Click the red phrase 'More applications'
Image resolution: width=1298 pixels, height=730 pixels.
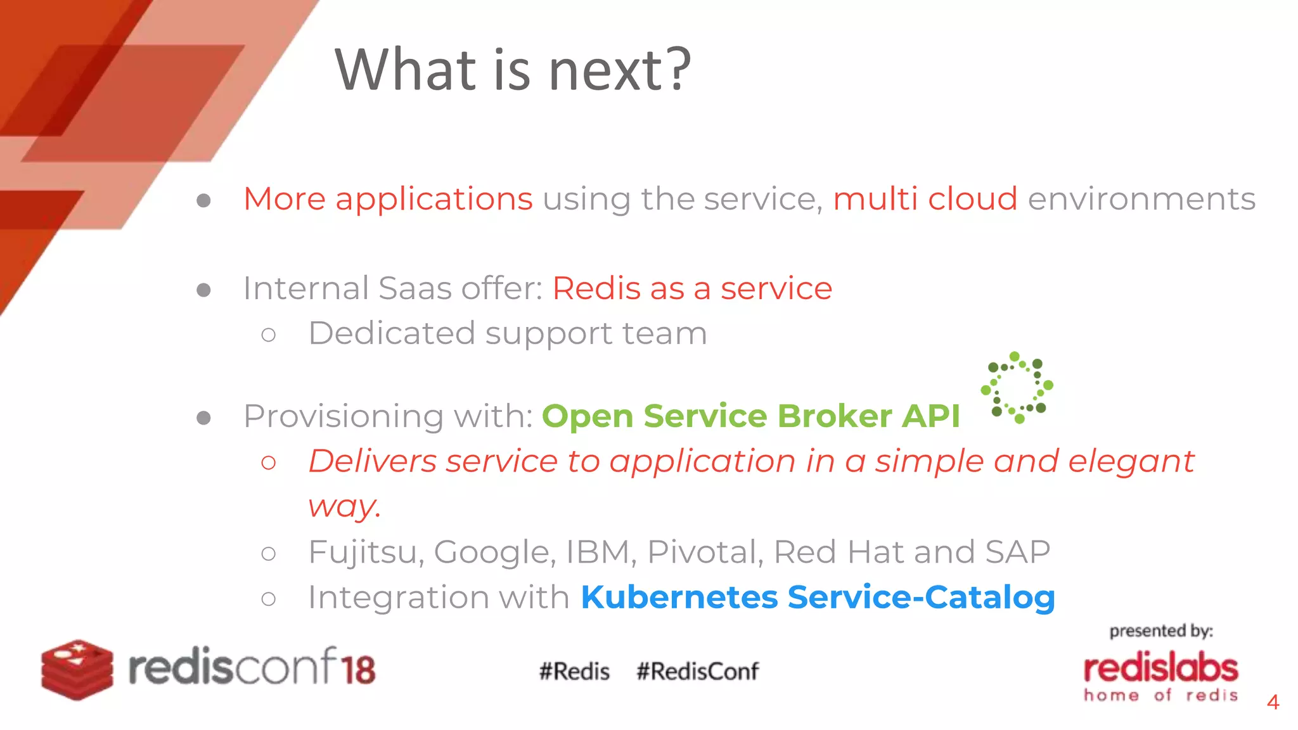pos(388,199)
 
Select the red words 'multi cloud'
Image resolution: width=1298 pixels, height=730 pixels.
pos(925,199)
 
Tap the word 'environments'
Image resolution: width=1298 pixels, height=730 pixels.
pos(1141,199)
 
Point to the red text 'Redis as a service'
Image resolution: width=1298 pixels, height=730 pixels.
pos(692,289)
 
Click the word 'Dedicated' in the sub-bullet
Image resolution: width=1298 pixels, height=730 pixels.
pos(391,333)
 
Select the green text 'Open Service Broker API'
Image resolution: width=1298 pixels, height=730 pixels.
pos(750,416)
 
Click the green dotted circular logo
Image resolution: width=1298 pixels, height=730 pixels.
pos(1017,387)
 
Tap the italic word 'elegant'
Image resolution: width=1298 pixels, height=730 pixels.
pos(1131,461)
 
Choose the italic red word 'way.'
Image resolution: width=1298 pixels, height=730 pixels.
pos(345,506)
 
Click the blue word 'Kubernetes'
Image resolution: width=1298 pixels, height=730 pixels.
pos(679,597)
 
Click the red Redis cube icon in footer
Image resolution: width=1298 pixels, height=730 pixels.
pos(77,670)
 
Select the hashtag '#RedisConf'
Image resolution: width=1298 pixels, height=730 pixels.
pos(697,671)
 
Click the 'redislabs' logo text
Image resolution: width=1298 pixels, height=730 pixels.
pos(1160,668)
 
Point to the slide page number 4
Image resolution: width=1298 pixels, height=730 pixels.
pos(1273,702)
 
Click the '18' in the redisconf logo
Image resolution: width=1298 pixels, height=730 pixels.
pos(359,669)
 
